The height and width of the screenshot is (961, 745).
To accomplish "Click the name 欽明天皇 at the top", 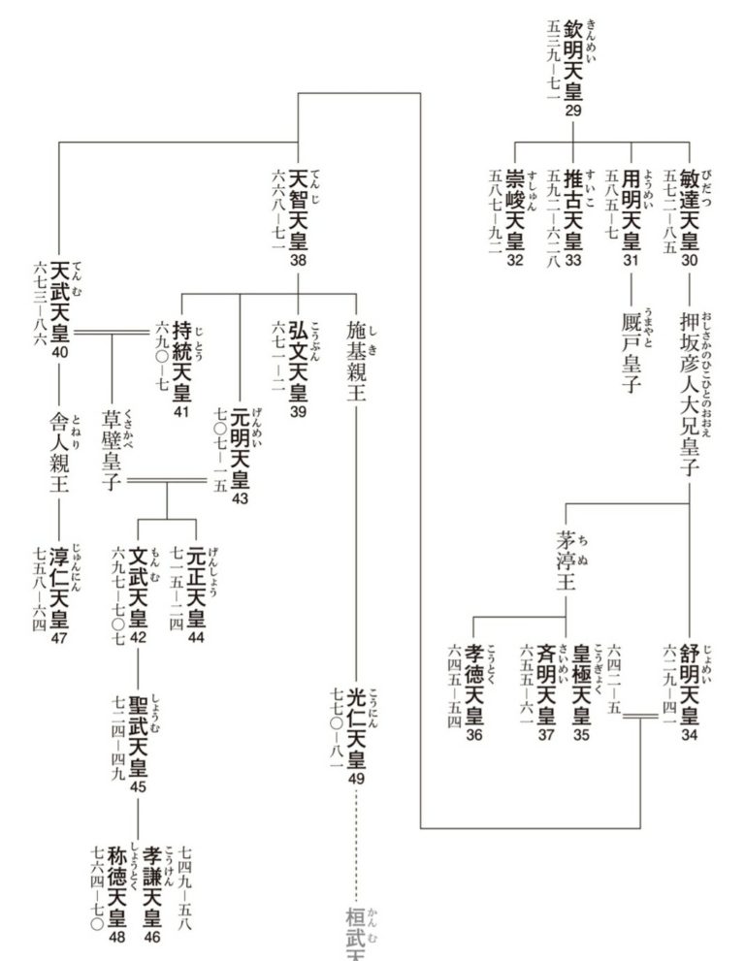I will pyautogui.click(x=573, y=59).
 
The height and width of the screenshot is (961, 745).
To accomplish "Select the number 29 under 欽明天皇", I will pyautogui.click(x=573, y=112).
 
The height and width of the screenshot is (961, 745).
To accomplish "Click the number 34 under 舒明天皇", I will pyautogui.click(x=689, y=735).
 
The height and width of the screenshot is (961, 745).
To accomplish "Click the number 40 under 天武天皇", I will pyautogui.click(x=60, y=352).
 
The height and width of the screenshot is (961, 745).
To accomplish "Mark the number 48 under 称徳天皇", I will pyautogui.click(x=116, y=937).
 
